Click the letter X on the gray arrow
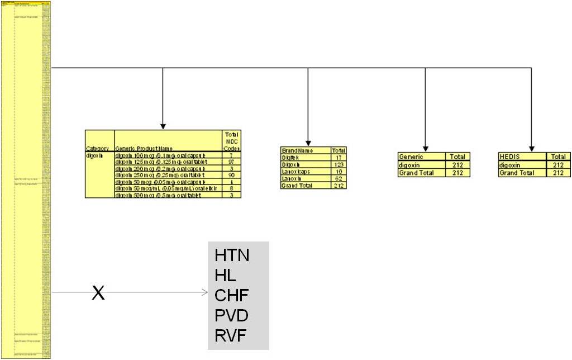(x=98, y=292)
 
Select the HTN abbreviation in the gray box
(x=232, y=256)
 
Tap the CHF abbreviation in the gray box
(x=232, y=296)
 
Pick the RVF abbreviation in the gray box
(x=231, y=335)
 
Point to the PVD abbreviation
(x=232, y=316)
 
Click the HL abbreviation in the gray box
(x=226, y=276)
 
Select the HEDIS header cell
(x=522, y=157)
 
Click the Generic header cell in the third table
(x=421, y=157)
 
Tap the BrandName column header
(x=306, y=150)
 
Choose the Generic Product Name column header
(x=168, y=148)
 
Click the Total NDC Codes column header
(x=231, y=141)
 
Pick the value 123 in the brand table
(x=338, y=164)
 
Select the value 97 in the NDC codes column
(x=231, y=162)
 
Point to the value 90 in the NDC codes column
(x=231, y=175)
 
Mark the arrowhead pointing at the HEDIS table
(x=531, y=148)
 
